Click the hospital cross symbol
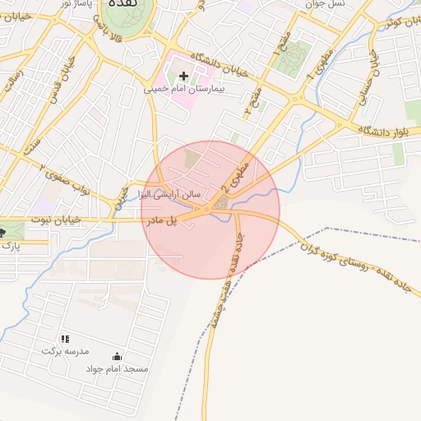click(183, 76)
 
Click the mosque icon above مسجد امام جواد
click(117, 357)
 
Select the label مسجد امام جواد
click(117, 368)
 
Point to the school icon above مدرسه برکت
click(65, 339)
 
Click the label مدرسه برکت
click(63, 350)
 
